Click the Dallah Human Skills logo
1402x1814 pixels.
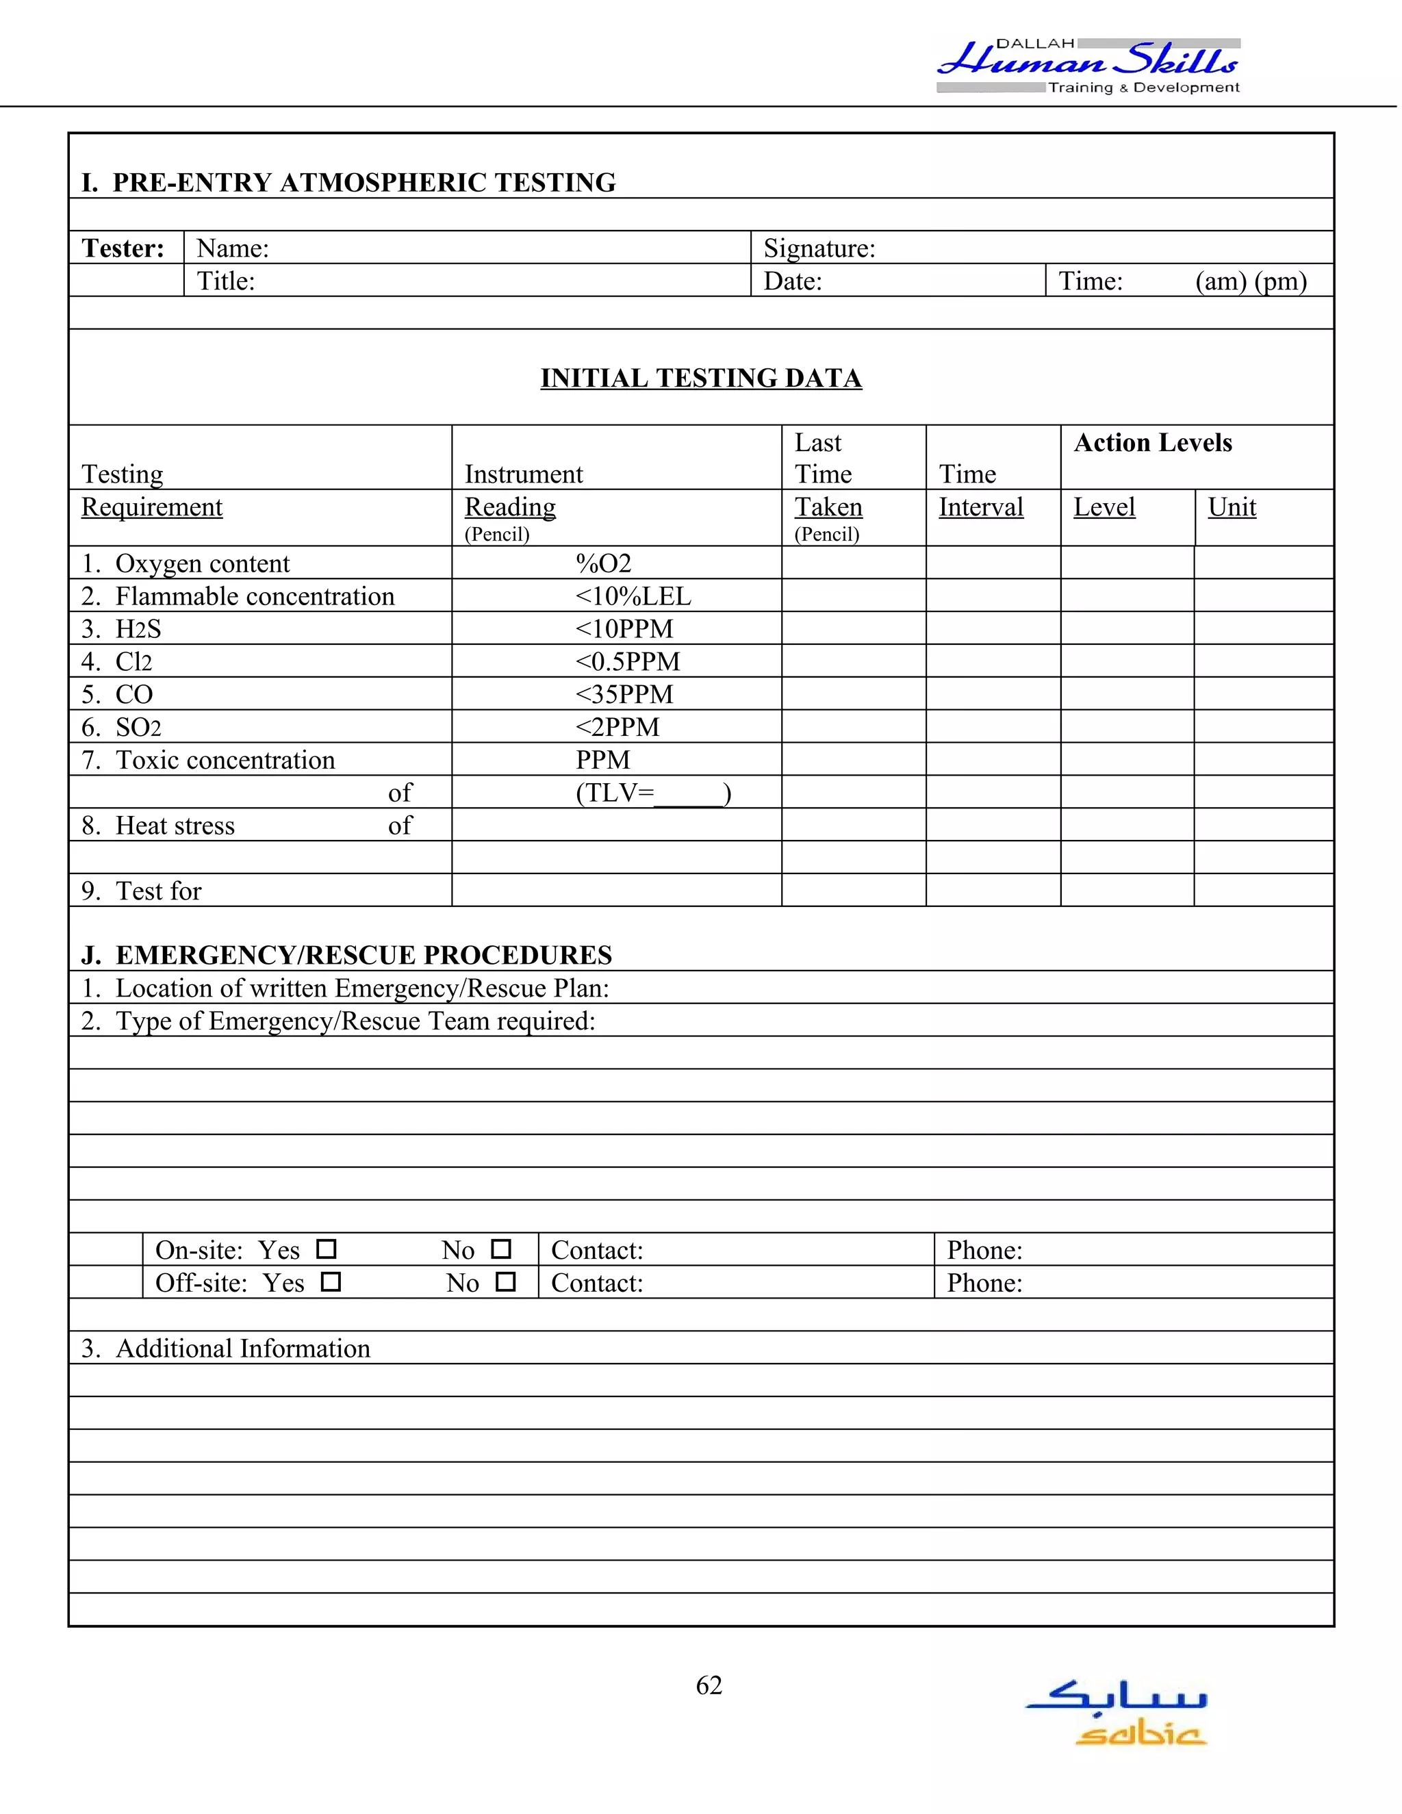point(1088,65)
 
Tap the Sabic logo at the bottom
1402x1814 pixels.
point(1117,1712)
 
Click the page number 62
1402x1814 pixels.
point(709,1685)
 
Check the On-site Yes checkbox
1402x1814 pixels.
point(327,1249)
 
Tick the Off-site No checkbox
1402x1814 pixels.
point(505,1281)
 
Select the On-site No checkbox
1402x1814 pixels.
point(501,1249)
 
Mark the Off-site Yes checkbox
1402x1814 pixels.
point(331,1281)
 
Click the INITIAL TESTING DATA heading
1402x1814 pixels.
point(701,378)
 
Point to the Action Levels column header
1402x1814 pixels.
point(1152,443)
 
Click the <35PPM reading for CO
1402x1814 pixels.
point(624,694)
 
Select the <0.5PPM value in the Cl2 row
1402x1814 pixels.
point(627,662)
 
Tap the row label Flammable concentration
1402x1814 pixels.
point(254,596)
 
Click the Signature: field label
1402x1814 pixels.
point(819,248)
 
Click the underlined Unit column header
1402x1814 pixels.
point(1231,507)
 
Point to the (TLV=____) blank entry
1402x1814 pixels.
point(653,793)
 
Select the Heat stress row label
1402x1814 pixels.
point(175,826)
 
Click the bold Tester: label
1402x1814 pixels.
point(123,248)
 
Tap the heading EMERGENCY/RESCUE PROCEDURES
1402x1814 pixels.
point(363,955)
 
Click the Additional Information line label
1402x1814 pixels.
point(242,1348)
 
